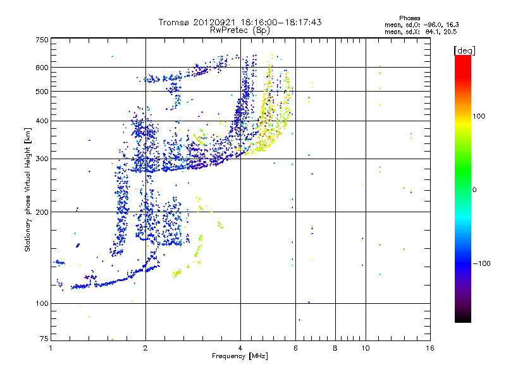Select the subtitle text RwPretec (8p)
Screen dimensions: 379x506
[240, 30]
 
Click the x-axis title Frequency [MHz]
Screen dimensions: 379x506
[240, 356]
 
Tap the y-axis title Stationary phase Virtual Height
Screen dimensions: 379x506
[28, 189]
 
